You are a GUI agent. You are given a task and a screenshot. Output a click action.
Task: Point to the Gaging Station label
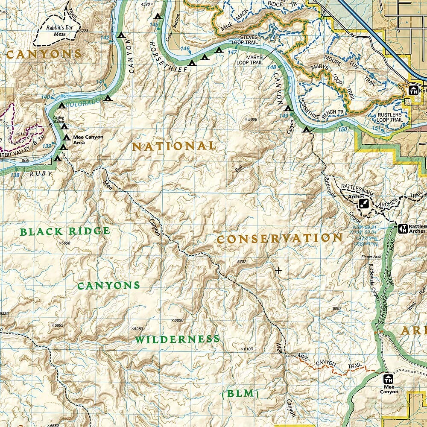click(58, 119)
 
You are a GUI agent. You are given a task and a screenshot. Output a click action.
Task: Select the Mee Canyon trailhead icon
click(388, 379)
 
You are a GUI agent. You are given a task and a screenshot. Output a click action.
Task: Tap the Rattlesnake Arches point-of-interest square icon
click(364, 203)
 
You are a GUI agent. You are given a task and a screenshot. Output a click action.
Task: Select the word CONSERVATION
click(279, 239)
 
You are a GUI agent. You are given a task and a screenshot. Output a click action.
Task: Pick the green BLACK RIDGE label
click(65, 231)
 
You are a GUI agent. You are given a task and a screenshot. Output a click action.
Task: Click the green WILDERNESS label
click(177, 339)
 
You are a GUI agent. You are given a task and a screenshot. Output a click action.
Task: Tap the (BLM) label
click(240, 394)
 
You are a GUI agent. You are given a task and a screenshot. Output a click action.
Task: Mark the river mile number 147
click(232, 52)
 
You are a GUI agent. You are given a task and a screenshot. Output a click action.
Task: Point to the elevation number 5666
click(252, 120)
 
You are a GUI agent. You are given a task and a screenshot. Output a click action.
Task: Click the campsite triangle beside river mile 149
click(288, 108)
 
